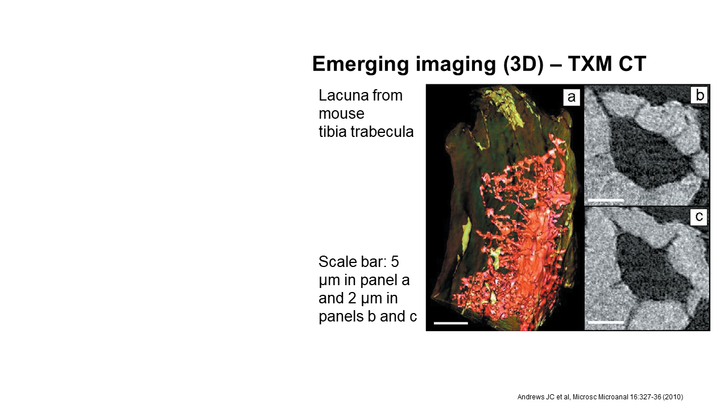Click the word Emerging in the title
361,65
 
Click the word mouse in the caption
341,114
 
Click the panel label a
572,97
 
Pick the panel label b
699,95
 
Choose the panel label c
699,216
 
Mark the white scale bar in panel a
451,323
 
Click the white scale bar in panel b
606,201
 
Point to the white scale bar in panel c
606,322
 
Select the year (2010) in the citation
673,397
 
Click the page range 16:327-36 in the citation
645,397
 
